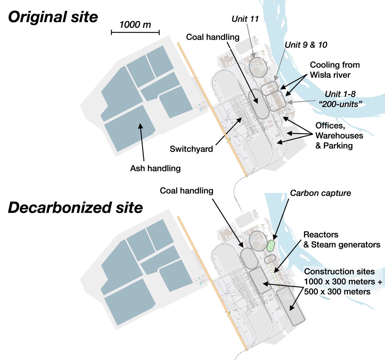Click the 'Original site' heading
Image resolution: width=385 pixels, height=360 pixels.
[53, 17]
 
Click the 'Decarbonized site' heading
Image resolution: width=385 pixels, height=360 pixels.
[75, 208]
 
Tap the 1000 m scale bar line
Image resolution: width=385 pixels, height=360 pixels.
[135, 32]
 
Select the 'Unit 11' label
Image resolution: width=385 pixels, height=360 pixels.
[245, 19]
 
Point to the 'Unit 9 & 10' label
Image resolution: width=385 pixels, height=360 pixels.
[306, 45]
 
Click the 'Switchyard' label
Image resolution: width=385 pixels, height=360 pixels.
[191, 149]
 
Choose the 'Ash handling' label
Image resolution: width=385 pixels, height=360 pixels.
[155, 168]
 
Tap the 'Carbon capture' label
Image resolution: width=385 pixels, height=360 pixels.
[320, 193]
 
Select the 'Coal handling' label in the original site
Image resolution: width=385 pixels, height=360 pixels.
[213, 37]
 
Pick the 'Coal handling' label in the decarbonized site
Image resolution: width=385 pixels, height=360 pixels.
[186, 191]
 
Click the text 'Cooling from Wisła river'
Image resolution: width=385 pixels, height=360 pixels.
[335, 70]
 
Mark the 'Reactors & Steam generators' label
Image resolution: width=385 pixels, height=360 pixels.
[341, 240]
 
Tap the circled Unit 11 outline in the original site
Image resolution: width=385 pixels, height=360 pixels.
[258, 67]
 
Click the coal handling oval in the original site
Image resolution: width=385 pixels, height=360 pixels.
[258, 103]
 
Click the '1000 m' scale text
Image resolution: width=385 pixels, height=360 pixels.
[135, 25]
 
